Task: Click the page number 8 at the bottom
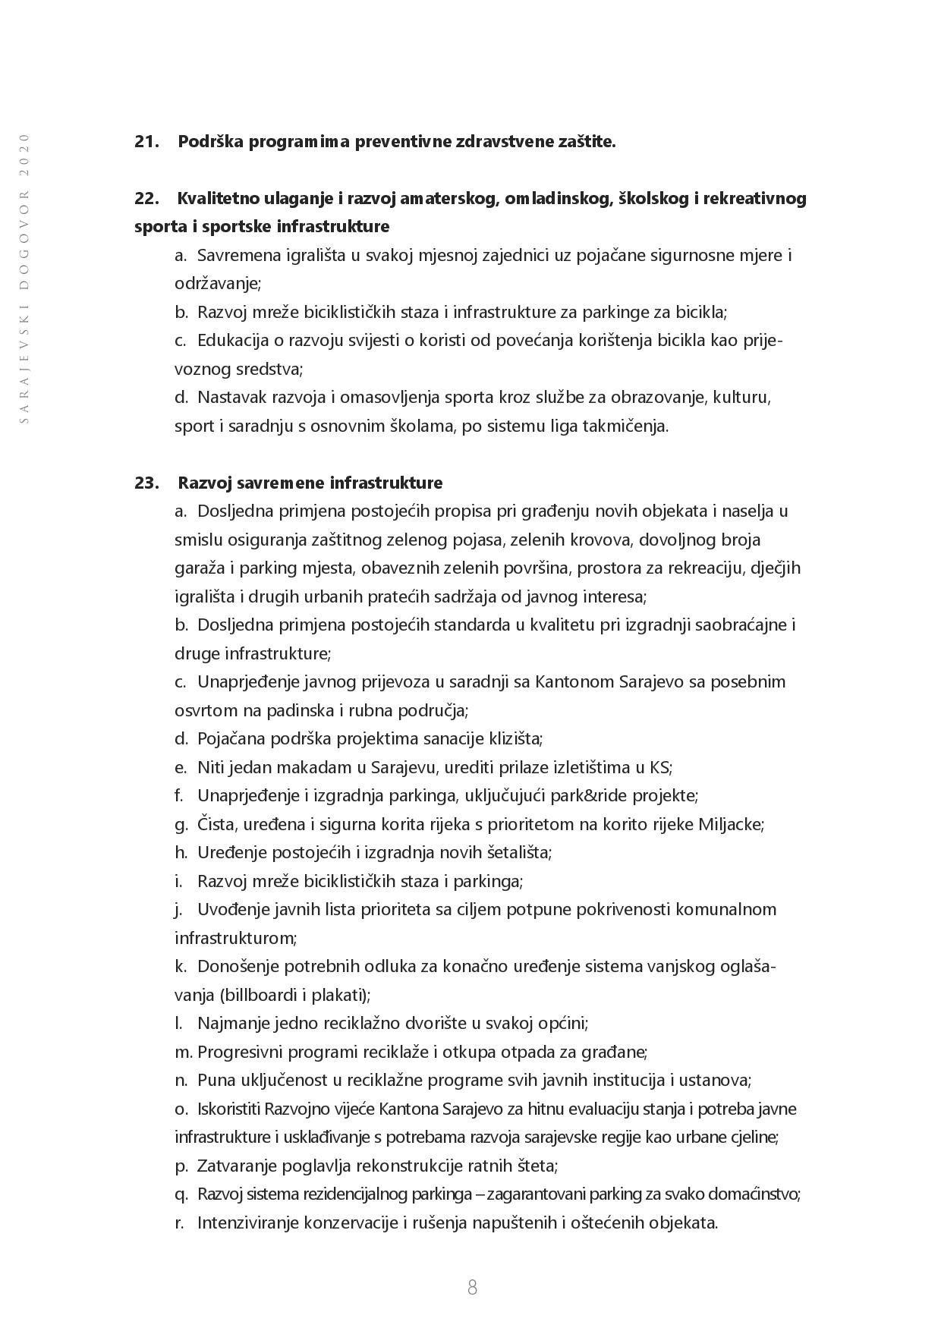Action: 472,1287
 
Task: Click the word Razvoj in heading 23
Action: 204,483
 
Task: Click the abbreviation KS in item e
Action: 659,767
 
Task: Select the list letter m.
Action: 183,1053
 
